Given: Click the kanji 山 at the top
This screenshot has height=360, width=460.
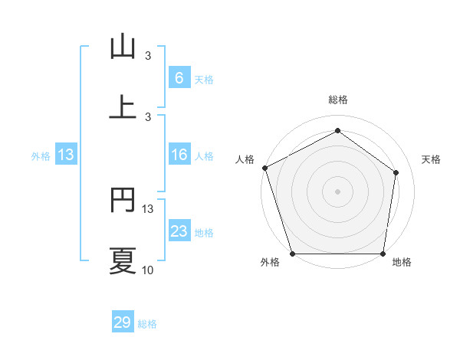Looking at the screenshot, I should click(x=123, y=47).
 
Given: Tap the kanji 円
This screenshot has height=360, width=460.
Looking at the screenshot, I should click(x=123, y=201).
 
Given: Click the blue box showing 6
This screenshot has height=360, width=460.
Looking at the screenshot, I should click(x=179, y=78).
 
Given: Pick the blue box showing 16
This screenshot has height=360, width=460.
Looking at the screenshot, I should click(x=179, y=155).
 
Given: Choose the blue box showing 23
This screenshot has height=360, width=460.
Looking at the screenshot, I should click(x=179, y=231).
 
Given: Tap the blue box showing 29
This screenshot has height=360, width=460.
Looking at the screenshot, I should click(x=123, y=322).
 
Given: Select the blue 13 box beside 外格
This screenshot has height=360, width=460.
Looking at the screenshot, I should click(x=66, y=155).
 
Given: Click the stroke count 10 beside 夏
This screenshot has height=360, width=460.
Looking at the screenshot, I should click(x=147, y=270).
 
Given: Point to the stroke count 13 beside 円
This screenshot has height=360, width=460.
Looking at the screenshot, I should click(x=148, y=208).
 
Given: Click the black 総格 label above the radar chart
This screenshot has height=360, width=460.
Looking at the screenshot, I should click(x=337, y=100).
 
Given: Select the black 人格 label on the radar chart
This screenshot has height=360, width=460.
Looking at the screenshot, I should click(x=245, y=159).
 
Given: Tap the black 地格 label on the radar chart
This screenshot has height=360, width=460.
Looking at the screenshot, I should click(x=402, y=262).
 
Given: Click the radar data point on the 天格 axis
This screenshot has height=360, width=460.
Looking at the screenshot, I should click(x=396, y=172).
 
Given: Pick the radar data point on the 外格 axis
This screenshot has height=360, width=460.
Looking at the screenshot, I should click(x=292, y=254).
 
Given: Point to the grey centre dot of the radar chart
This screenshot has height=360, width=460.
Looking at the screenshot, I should click(x=337, y=191).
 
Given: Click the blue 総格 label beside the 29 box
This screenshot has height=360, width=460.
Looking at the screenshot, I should click(x=147, y=324).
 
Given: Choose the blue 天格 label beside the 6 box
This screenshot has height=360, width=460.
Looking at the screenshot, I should click(x=204, y=80).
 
